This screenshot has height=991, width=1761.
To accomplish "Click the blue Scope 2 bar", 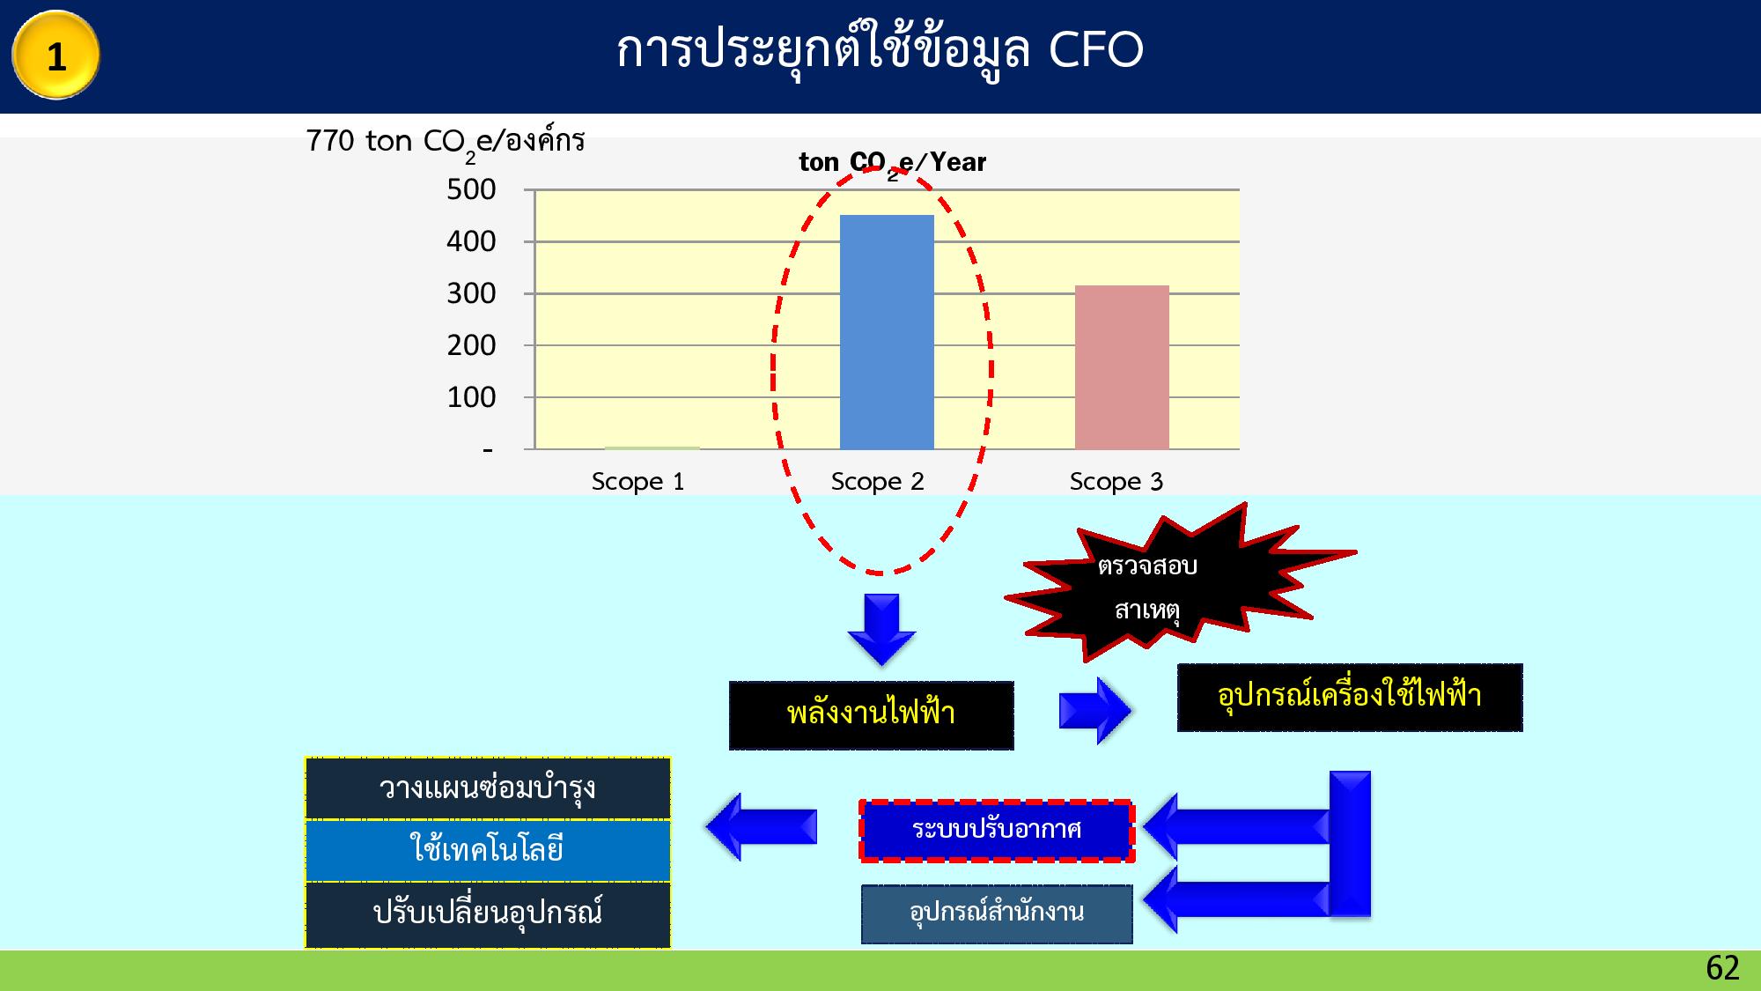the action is click(x=887, y=332).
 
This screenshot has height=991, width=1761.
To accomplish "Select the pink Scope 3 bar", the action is click(x=1122, y=367).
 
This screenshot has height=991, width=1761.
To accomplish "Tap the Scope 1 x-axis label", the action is click(x=637, y=482).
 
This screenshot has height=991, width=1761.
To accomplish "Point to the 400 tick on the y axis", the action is click(x=471, y=241).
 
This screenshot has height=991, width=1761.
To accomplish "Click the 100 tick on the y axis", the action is click(x=471, y=397).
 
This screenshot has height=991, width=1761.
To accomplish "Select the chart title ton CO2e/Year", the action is click(x=893, y=164).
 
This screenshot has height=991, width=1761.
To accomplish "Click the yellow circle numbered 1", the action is click(x=55, y=55).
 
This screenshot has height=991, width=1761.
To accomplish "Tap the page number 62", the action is click(x=1722, y=968).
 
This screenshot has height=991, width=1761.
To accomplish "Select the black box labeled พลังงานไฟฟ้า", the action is click(x=871, y=715).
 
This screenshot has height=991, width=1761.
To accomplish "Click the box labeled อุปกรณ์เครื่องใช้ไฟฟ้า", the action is click(x=1350, y=698).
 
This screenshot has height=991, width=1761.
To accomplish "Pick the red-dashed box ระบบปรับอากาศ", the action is click(x=997, y=831).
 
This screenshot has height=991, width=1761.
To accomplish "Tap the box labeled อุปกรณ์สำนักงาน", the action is click(x=997, y=914).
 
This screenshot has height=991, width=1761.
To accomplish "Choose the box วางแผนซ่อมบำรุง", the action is click(x=488, y=788).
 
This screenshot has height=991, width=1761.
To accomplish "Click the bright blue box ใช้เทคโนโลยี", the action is click(x=488, y=851).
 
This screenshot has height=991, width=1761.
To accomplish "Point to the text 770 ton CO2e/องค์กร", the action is click(x=445, y=144).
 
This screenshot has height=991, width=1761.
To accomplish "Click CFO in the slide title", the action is click(x=1096, y=50).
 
